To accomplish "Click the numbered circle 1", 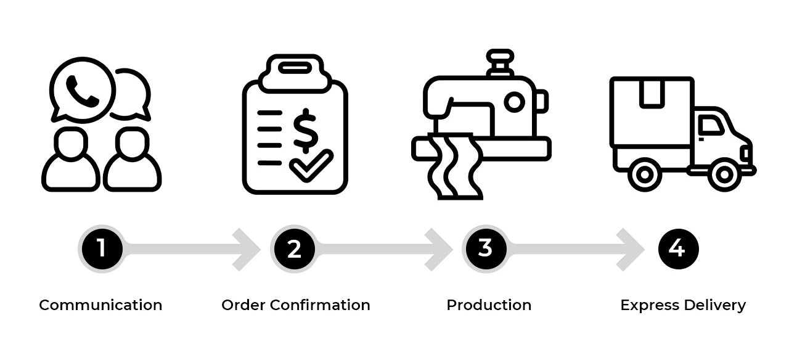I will click(x=101, y=249).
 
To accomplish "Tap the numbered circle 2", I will click(x=294, y=249).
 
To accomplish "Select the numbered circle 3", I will click(x=485, y=249).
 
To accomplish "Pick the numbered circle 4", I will click(x=678, y=249).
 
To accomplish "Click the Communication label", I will click(x=100, y=305).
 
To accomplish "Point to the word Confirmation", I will click(x=320, y=305).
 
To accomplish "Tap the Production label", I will click(x=489, y=305).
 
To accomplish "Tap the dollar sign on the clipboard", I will click(x=305, y=131).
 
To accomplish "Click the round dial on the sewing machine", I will click(x=514, y=102).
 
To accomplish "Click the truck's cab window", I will click(x=711, y=126).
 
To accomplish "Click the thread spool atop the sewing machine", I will click(x=499, y=62).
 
